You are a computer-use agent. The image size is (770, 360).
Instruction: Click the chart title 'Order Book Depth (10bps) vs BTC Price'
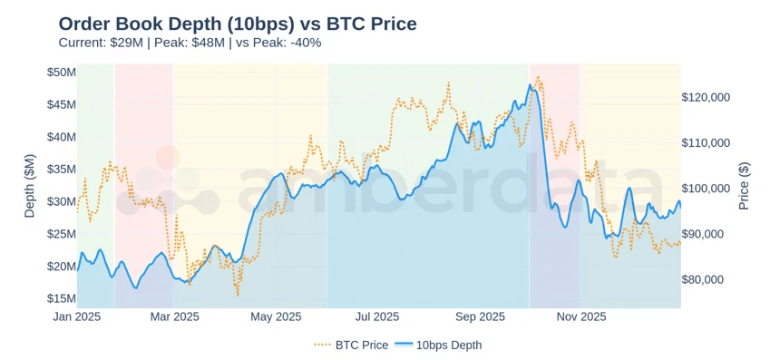point(238,24)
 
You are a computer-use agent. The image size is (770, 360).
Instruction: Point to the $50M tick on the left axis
point(61,72)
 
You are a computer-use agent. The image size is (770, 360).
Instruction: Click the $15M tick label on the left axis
point(61,298)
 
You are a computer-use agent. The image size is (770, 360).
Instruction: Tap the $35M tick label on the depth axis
point(61,169)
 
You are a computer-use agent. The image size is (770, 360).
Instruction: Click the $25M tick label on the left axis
point(61,234)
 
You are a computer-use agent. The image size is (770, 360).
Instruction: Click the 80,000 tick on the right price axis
point(706,279)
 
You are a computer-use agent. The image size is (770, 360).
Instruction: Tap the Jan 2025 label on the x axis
point(76,316)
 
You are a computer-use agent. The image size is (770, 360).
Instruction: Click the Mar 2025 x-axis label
point(174,316)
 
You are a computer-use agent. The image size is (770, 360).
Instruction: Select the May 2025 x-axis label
point(276,316)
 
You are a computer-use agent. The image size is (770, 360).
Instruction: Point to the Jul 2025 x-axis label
point(377,316)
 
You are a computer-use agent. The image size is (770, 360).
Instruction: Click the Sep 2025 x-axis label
point(480,316)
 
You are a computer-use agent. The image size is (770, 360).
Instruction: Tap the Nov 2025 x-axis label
point(581,316)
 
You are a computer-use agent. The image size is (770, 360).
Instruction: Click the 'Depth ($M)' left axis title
point(29,185)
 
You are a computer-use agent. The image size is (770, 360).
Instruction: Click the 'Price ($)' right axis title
point(745,185)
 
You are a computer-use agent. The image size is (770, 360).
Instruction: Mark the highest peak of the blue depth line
point(530,85)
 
